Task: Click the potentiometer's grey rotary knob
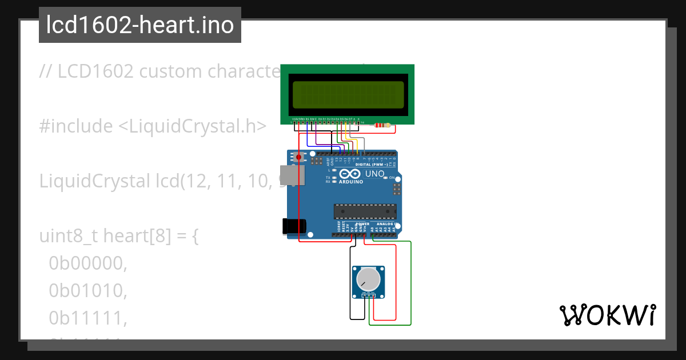click(x=368, y=279)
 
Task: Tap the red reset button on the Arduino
click(x=298, y=157)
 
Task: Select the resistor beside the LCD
click(x=381, y=125)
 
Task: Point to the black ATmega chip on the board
click(x=365, y=211)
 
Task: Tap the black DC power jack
click(x=294, y=226)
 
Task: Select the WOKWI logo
click(x=608, y=315)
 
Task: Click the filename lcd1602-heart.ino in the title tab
click(x=140, y=25)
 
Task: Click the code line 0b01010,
click(x=87, y=291)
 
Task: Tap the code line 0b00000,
click(x=87, y=263)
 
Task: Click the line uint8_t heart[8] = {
click(x=119, y=236)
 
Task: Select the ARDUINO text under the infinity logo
click(x=351, y=182)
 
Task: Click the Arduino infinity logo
click(x=350, y=174)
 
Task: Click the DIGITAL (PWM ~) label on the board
click(x=372, y=164)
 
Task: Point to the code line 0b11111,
click(x=87, y=318)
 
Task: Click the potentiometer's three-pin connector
click(x=368, y=295)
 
